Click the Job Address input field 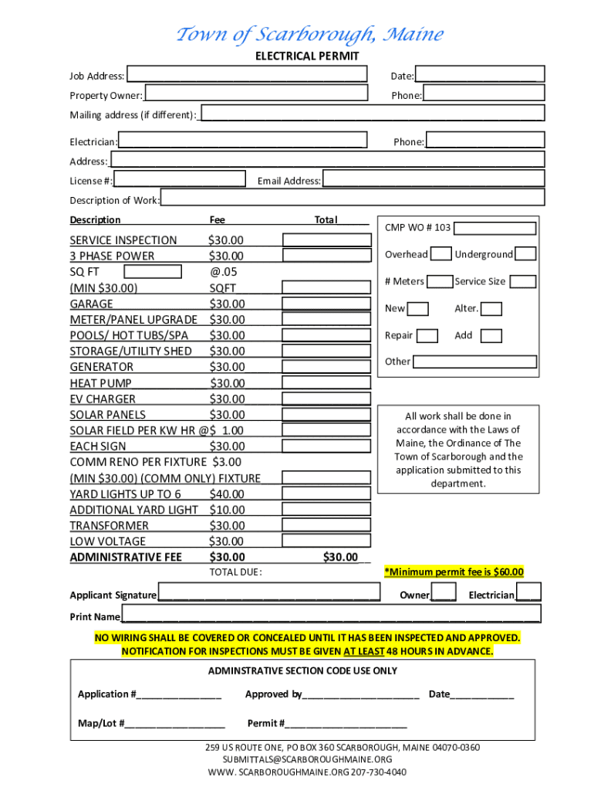247,75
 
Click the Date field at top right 480,75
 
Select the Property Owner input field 255,94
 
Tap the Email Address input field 433,180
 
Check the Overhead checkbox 441,254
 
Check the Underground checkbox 525,254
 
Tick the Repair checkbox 427,336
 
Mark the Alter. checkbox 491,309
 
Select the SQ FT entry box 153,272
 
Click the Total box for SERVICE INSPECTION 326,240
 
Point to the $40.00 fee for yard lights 226,494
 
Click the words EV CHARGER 103,399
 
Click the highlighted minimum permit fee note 454,572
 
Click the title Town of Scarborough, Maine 310,35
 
